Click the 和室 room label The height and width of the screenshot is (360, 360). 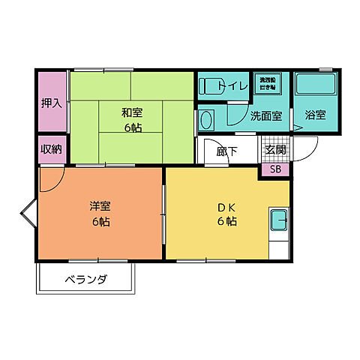[x=132, y=112]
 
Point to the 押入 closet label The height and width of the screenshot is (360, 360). [x=52, y=102]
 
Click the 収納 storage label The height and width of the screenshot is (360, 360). [x=52, y=148]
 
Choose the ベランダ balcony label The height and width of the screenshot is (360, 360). [x=86, y=280]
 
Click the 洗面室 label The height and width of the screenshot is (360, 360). [x=265, y=116]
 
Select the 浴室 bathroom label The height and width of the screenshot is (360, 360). [x=315, y=115]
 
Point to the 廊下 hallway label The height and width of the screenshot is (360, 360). [x=227, y=151]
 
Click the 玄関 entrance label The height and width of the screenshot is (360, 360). [x=275, y=150]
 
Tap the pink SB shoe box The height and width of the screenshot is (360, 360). [x=275, y=169]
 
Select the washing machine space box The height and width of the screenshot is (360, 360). [x=268, y=82]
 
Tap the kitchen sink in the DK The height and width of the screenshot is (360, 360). [x=278, y=222]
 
